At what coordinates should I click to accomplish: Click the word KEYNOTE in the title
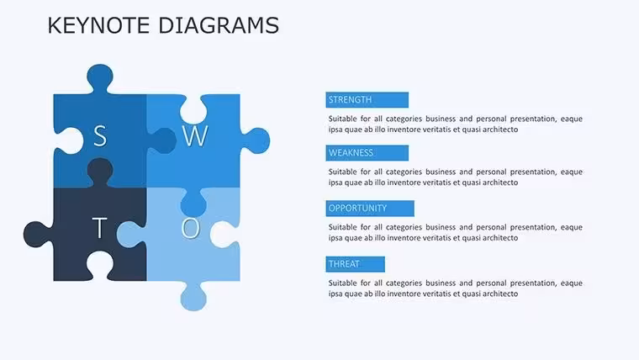point(98,25)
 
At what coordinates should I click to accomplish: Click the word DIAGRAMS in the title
point(219,25)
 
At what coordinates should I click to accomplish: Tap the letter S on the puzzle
point(100,136)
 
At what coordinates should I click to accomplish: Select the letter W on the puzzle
point(195,136)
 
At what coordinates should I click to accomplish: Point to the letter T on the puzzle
point(99,227)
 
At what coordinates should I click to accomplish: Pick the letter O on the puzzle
point(191,228)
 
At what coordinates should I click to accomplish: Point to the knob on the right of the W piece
point(256,140)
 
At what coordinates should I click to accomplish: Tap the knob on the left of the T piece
point(38,235)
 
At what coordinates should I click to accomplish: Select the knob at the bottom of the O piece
point(193,297)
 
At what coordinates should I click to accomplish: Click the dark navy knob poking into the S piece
point(100,172)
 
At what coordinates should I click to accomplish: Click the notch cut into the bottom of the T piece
point(100,266)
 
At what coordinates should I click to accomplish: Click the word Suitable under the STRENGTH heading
point(342,119)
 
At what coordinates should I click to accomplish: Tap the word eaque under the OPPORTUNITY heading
point(572,227)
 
